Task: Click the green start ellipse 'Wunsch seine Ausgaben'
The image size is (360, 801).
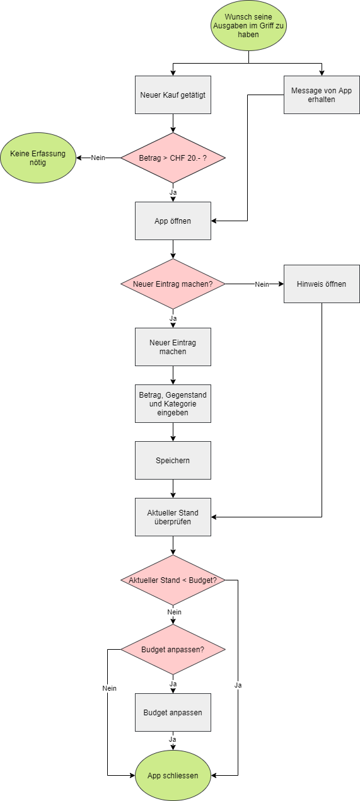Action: click(248, 26)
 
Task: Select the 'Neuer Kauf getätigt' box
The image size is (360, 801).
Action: click(173, 95)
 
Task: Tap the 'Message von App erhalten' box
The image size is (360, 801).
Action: click(322, 95)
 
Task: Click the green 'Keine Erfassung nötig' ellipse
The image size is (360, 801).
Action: click(37, 158)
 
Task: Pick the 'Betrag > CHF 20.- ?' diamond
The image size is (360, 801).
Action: click(173, 158)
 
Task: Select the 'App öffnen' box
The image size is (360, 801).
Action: click(173, 221)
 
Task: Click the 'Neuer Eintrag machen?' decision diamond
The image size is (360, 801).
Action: click(173, 284)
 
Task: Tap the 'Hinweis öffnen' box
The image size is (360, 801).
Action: click(322, 284)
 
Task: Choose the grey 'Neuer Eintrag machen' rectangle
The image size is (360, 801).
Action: click(173, 347)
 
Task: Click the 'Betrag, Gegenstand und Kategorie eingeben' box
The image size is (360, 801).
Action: click(173, 404)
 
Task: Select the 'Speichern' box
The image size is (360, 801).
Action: click(173, 461)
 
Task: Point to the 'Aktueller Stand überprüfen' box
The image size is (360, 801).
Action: click(173, 517)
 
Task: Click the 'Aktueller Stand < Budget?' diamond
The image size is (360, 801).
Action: click(173, 580)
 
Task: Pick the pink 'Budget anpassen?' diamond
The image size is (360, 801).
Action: click(173, 649)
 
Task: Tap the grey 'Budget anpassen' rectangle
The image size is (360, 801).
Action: click(173, 713)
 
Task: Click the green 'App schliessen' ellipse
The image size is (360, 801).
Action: click(173, 776)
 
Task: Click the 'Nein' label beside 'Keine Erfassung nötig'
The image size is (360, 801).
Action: click(98, 158)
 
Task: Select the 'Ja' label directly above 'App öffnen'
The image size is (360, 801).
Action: click(173, 192)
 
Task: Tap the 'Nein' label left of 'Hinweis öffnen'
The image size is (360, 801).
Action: click(262, 284)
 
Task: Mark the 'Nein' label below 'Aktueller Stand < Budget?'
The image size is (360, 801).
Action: click(174, 612)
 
